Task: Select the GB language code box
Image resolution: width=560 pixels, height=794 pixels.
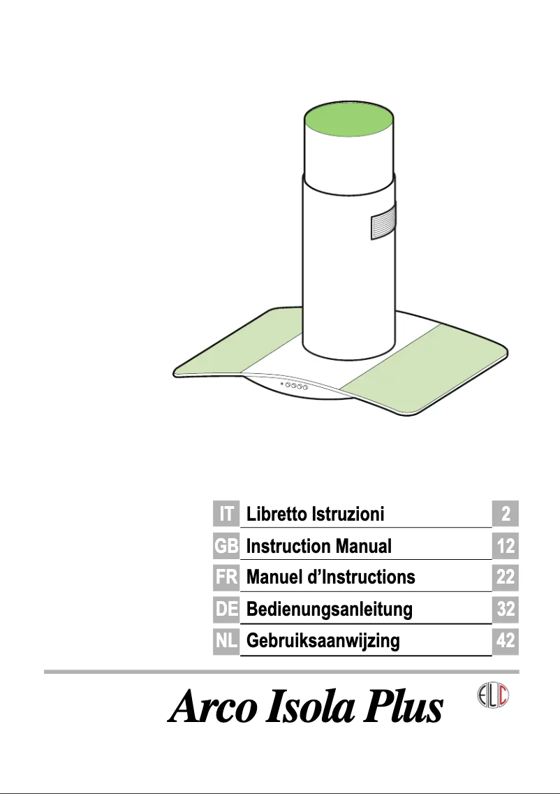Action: tap(226, 546)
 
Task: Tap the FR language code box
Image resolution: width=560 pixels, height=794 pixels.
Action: tap(226, 577)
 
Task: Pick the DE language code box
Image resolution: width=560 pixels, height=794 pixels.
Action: tap(226, 609)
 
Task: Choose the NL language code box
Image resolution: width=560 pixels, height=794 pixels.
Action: tap(226, 641)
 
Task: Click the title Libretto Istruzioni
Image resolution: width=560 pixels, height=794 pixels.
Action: tap(316, 515)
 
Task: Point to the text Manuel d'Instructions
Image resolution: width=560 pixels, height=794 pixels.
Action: tap(331, 578)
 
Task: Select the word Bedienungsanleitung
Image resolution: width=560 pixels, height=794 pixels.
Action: tap(330, 610)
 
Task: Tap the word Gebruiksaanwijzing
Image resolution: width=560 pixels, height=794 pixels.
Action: tap(323, 642)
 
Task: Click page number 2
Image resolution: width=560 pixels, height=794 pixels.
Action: tap(505, 514)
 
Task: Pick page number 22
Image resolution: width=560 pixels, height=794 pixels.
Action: tap(505, 578)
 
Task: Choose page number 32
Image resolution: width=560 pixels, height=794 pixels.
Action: tap(505, 610)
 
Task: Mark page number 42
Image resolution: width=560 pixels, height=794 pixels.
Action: tap(505, 642)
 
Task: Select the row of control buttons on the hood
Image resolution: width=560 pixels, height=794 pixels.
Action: tap(294, 386)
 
